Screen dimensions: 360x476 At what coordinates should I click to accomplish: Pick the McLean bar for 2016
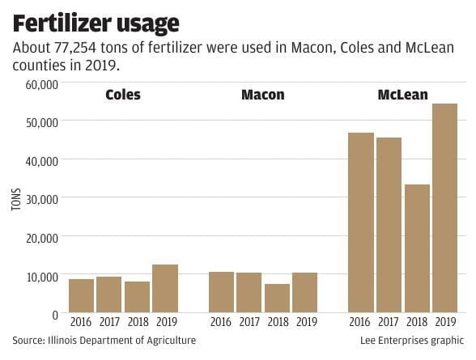point(360,222)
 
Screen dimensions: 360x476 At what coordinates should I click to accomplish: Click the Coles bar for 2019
point(164,288)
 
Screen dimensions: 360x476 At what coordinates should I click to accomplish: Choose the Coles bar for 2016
point(81,295)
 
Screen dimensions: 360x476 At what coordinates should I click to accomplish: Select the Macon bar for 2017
point(249,292)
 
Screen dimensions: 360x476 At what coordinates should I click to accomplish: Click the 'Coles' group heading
point(122,95)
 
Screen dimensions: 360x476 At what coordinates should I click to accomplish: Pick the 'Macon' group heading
point(262,95)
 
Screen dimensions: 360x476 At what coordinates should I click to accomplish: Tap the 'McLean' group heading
point(402,95)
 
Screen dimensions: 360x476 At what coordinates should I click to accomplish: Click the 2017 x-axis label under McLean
point(388,322)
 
